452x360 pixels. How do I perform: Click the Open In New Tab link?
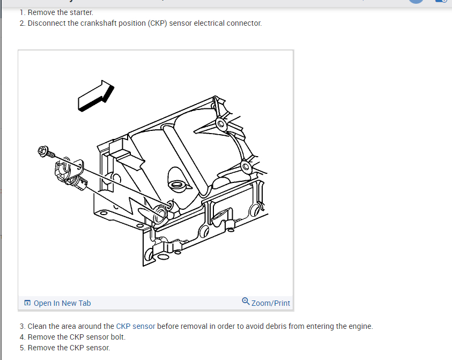pos(62,303)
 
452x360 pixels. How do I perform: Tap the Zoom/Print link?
pos(270,303)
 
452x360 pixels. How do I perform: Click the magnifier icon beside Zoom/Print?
pos(246,302)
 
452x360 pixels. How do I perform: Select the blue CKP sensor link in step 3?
pos(136,326)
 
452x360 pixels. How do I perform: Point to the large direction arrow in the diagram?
pos(96,96)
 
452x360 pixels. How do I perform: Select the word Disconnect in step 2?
pos(47,24)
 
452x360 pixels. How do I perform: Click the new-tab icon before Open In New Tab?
pos(27,303)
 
